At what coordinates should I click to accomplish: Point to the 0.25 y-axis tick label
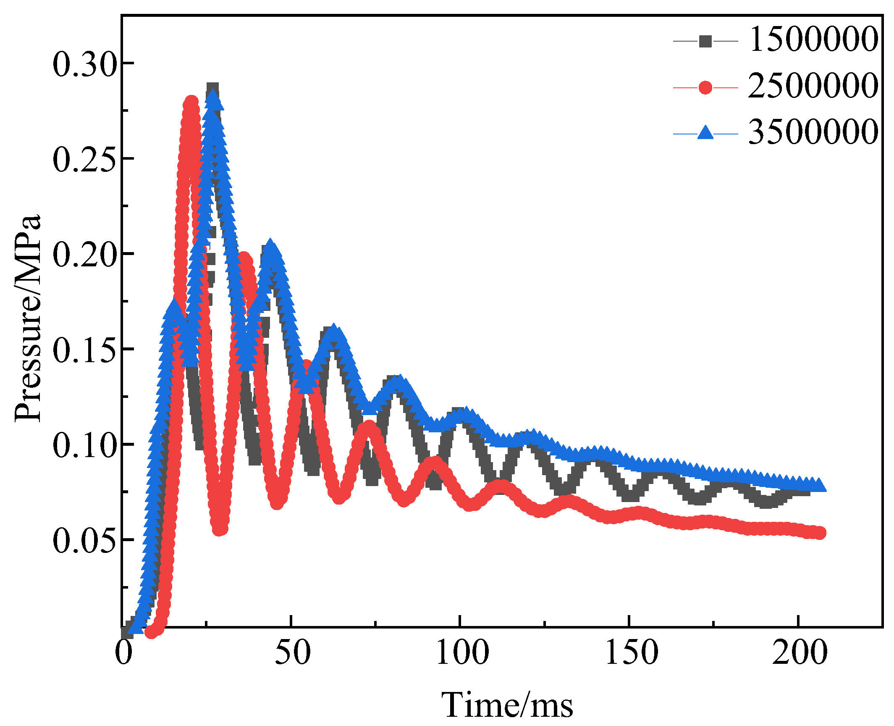(x=84, y=160)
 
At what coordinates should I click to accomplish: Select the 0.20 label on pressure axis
(x=84, y=255)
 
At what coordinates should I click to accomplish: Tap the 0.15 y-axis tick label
(x=84, y=350)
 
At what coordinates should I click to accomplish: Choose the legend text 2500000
(x=813, y=86)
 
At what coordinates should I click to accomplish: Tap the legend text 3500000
(x=813, y=132)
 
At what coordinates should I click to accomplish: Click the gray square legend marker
(x=705, y=41)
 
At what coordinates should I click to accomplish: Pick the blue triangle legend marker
(x=705, y=133)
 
